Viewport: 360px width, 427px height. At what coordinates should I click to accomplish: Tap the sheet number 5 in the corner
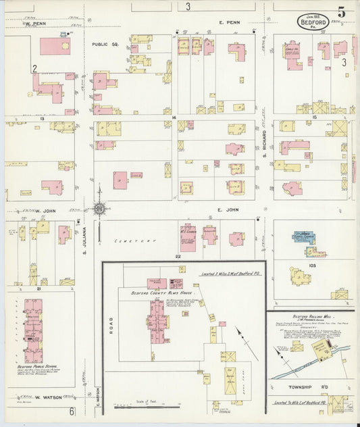342,12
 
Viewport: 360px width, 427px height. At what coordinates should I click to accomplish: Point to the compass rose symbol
99,209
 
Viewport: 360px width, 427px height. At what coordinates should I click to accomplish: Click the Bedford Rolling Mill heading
310,316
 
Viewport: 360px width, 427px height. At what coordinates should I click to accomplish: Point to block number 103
311,266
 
